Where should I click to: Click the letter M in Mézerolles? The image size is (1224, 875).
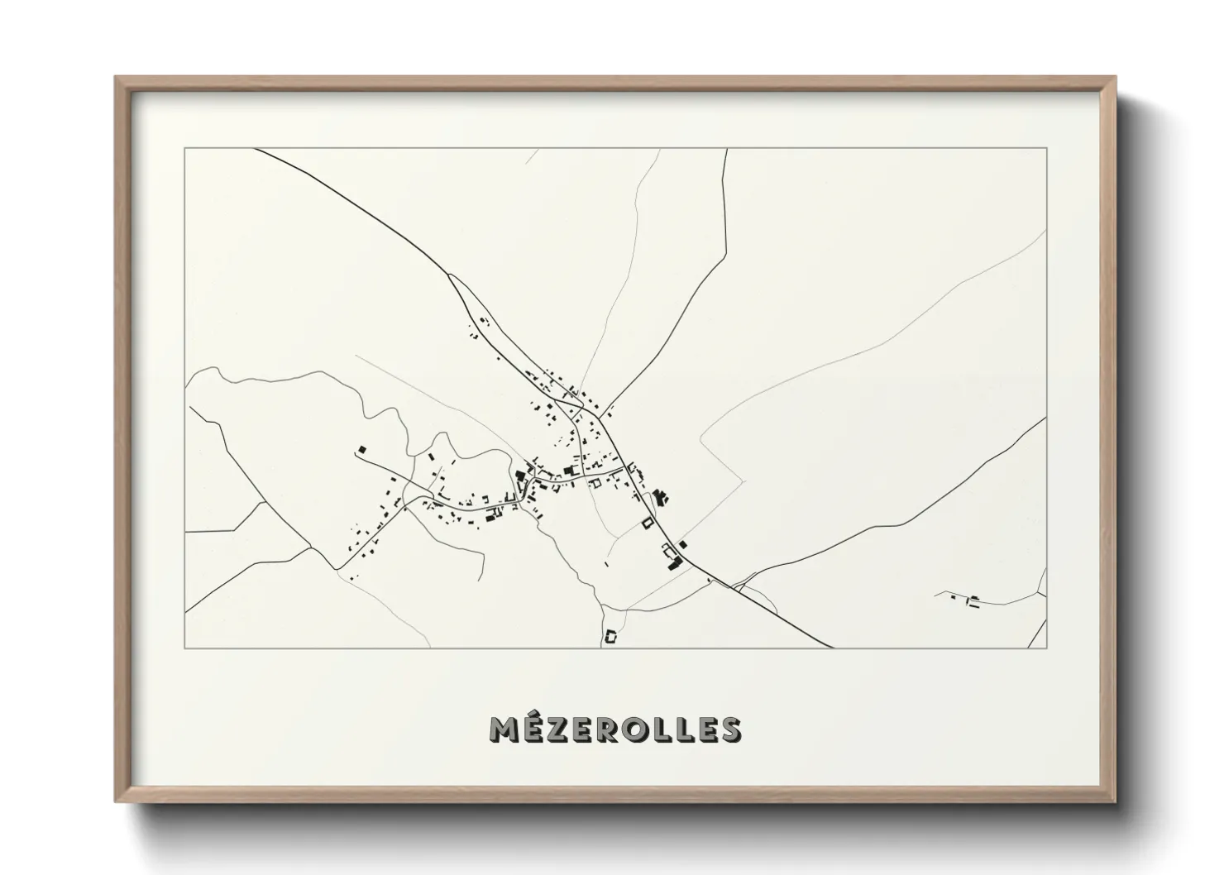tap(506, 729)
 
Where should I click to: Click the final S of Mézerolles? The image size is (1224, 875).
tap(729, 729)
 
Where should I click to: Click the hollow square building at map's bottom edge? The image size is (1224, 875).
tap(612, 636)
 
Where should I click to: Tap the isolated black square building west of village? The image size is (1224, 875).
tap(361, 449)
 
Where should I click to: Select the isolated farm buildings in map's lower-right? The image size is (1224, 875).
tap(973, 600)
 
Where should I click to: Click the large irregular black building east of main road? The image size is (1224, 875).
tap(660, 497)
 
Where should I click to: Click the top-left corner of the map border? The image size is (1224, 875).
tap(185, 149)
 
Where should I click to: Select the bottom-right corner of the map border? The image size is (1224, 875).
tap(1046, 648)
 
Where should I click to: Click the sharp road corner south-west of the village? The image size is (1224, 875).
tap(337, 568)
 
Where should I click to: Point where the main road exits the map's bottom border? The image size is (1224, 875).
tap(830, 648)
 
